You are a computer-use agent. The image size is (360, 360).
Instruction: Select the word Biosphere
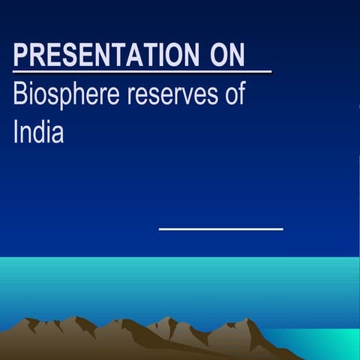(63, 96)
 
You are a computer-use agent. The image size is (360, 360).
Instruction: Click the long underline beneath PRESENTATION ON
(142, 73)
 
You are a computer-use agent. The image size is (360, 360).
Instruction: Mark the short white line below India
(220, 229)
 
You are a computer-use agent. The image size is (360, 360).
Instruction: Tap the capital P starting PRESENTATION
(21, 55)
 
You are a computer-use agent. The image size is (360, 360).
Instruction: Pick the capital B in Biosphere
(21, 96)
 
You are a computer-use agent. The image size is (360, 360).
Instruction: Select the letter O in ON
(217, 55)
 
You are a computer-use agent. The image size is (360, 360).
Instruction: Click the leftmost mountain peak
(31, 320)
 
